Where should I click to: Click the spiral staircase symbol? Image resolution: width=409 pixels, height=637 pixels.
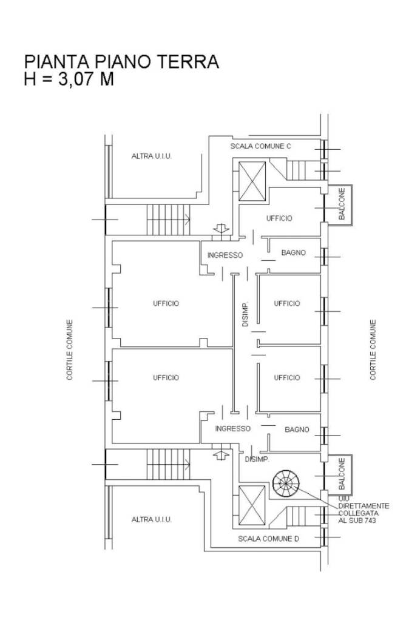(286, 483)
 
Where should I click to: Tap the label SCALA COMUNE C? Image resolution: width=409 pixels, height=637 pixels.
(261, 146)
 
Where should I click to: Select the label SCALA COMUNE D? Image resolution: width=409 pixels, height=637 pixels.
(268, 539)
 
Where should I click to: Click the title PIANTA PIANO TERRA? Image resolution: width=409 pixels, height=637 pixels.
(121, 62)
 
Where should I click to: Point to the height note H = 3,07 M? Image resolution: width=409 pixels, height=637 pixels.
(69, 79)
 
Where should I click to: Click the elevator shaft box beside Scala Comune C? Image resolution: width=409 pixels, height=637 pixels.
(252, 181)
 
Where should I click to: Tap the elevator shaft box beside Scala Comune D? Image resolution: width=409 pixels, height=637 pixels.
(252, 505)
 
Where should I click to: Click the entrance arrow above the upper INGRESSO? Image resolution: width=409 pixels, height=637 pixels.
(221, 229)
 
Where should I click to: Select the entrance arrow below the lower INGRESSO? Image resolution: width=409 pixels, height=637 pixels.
(221, 455)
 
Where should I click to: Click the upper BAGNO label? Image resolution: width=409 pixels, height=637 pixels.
(293, 253)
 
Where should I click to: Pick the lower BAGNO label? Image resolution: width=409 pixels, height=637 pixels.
(297, 430)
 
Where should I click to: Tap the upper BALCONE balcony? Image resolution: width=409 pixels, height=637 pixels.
(340, 204)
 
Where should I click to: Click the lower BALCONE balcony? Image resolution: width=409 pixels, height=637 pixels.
(340, 474)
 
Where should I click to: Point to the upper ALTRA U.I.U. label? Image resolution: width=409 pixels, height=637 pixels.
(152, 156)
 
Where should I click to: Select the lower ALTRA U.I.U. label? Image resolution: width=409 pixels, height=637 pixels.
(152, 519)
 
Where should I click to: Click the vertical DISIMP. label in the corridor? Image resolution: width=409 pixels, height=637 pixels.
(245, 315)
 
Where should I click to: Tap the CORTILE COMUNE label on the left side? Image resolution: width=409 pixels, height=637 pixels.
(70, 350)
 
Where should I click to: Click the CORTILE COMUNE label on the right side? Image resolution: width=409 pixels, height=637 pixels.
(373, 350)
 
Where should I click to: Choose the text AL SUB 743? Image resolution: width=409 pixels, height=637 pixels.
(357, 521)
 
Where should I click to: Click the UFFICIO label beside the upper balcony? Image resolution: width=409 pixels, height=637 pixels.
(279, 218)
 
